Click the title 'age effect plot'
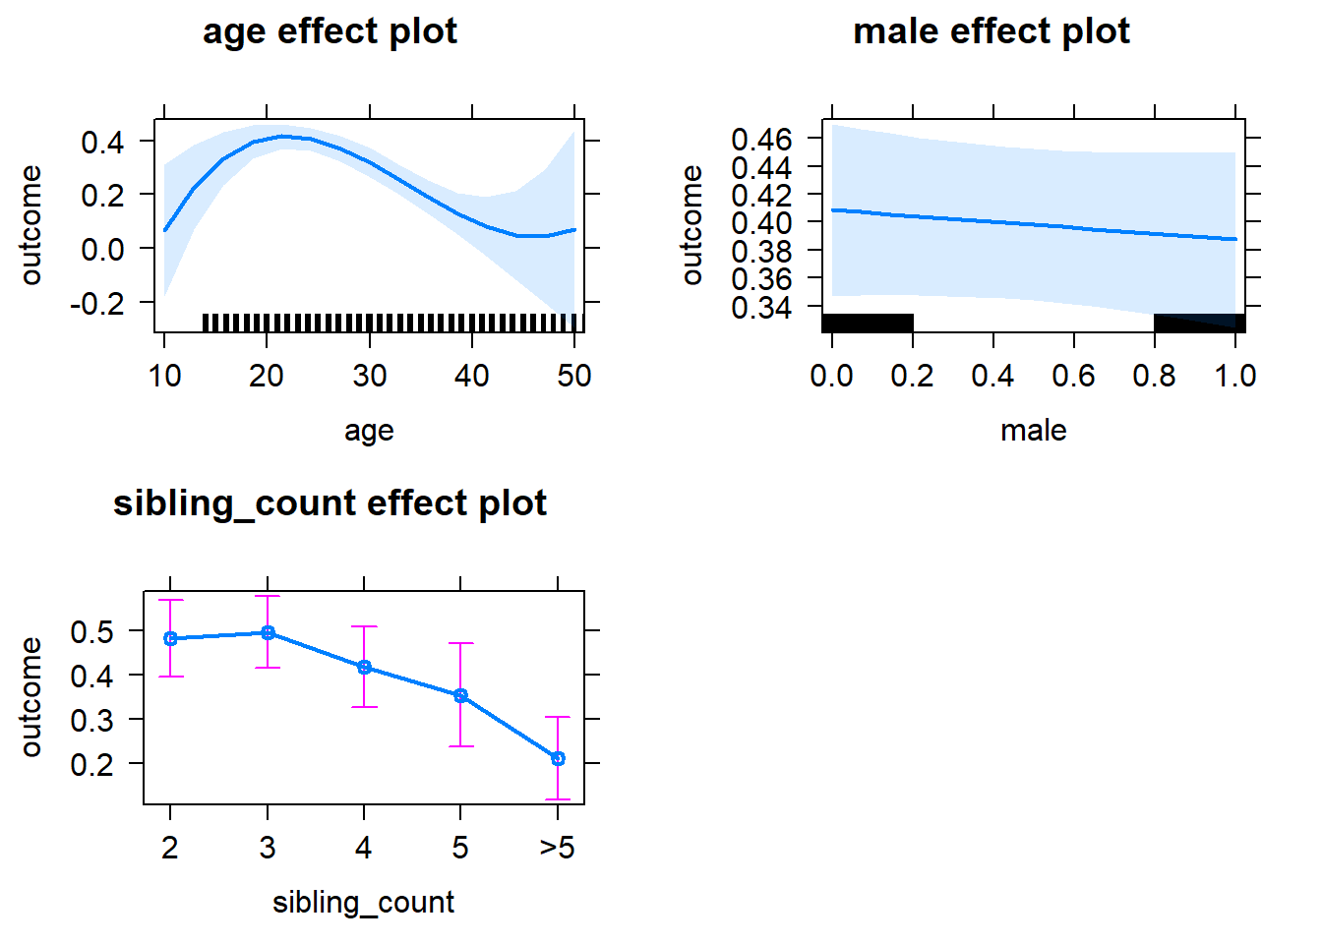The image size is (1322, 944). point(330,31)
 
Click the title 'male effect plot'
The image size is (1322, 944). point(991,31)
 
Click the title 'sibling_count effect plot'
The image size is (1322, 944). point(330,503)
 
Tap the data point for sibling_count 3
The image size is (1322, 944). point(268,633)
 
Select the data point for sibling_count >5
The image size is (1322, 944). point(558,758)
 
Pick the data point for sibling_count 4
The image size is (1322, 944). point(364,668)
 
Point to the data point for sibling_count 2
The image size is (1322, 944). point(171,639)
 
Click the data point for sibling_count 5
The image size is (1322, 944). point(460,696)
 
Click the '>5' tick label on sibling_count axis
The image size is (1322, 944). point(557,848)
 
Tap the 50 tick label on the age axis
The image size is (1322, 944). point(574,376)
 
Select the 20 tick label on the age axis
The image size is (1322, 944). point(267,376)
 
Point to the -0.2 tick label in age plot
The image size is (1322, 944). point(97,303)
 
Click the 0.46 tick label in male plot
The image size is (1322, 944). point(761,139)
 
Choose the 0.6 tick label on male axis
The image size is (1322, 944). point(1073,376)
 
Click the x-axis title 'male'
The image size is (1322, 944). point(1033,431)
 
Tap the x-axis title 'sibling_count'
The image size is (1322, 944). point(363,903)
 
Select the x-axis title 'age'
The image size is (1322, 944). point(369,431)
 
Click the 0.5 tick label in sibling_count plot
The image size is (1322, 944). point(92,631)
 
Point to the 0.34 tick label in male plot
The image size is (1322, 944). point(761,308)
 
